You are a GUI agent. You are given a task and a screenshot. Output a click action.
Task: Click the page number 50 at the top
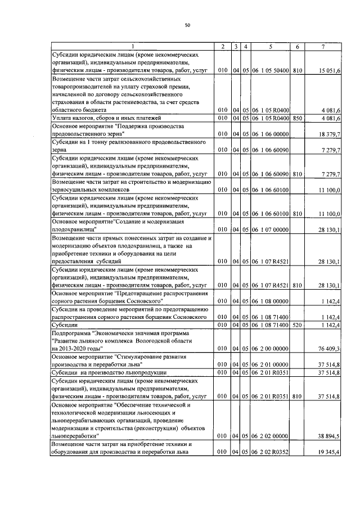point(187,25)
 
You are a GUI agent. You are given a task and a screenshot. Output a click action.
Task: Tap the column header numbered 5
point(271,46)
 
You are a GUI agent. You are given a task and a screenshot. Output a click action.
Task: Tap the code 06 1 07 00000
point(271,229)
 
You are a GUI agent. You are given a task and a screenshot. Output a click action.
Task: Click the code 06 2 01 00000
point(271,364)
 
